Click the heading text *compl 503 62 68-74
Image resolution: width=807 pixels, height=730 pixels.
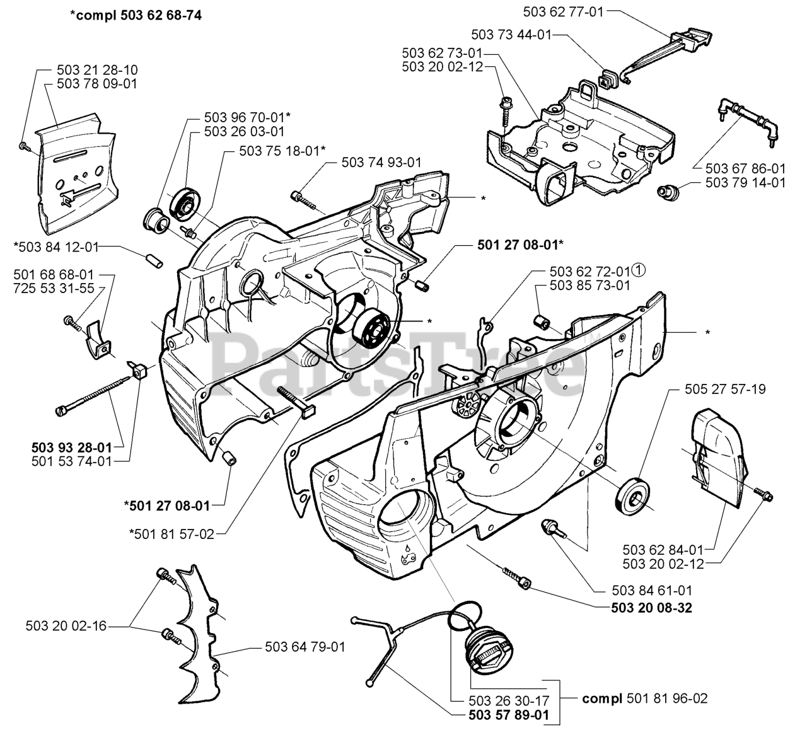136,16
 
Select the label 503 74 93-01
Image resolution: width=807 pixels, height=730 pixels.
381,162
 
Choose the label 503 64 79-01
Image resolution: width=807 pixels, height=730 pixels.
305,647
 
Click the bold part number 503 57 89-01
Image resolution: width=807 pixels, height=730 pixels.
509,715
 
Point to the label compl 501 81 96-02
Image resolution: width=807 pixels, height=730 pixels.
645,698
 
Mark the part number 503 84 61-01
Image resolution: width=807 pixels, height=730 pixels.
652,591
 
